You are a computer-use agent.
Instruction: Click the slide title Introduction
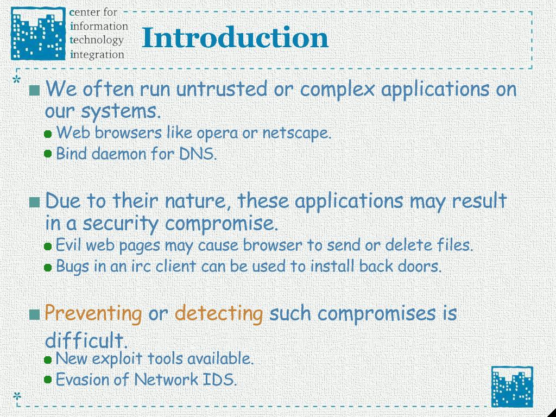pyautogui.click(x=235, y=37)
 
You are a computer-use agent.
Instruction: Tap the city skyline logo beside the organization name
pyautogui.click(x=39, y=34)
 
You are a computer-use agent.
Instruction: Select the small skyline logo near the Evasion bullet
pyautogui.click(x=512, y=387)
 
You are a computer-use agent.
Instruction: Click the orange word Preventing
pyautogui.click(x=93, y=313)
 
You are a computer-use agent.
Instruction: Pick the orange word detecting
pyautogui.click(x=219, y=313)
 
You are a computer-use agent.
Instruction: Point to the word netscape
pyautogui.click(x=296, y=134)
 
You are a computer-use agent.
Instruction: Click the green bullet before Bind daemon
pyautogui.click(x=48, y=154)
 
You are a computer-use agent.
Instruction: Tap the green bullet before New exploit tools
pyautogui.click(x=48, y=360)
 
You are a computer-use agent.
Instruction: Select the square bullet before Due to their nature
pyautogui.click(x=35, y=202)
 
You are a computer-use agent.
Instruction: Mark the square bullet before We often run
pyautogui.click(x=35, y=91)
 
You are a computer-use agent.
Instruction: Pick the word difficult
pyautogui.click(x=86, y=340)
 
